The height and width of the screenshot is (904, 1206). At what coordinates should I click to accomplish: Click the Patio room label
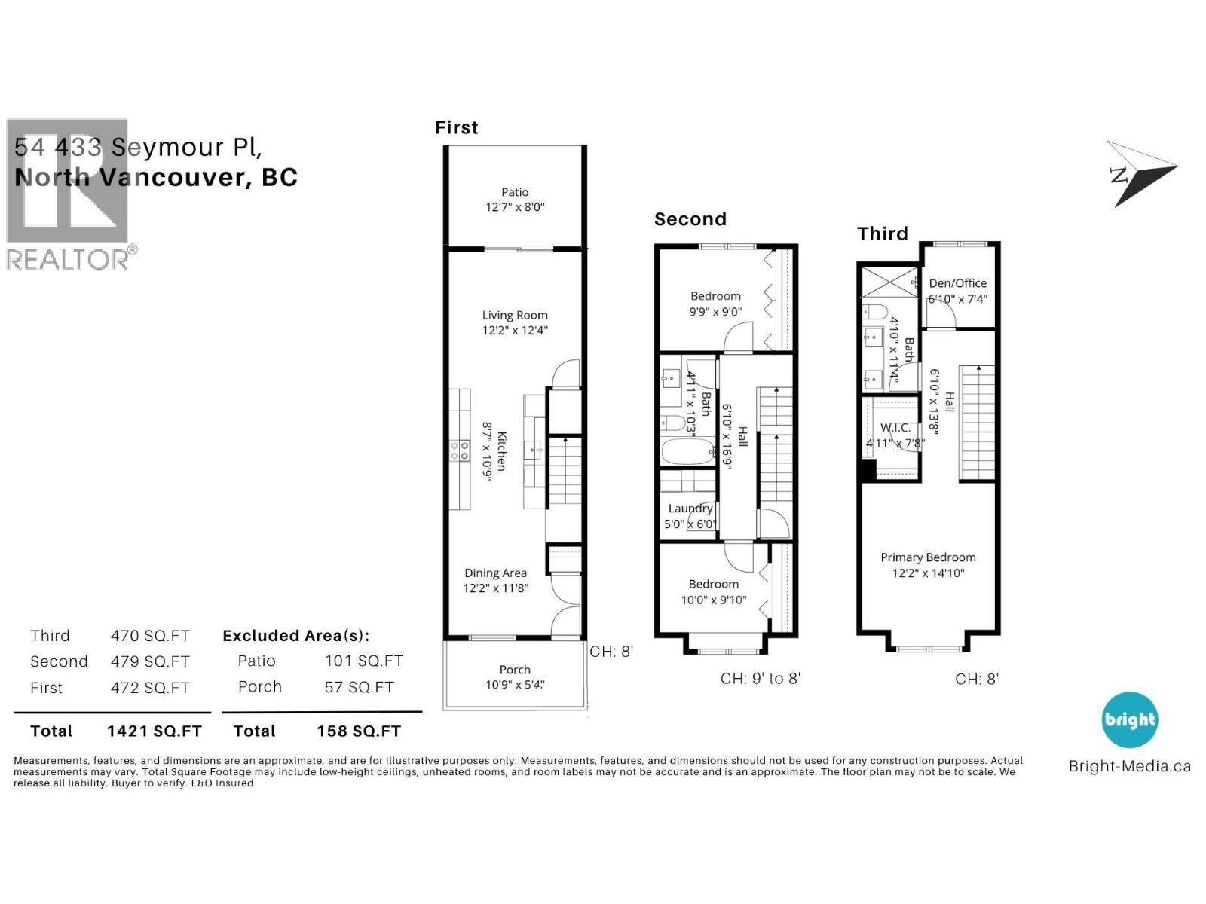515,192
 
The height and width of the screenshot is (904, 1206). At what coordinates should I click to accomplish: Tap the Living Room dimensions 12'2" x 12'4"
515,330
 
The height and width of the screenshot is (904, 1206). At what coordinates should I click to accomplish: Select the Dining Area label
495,573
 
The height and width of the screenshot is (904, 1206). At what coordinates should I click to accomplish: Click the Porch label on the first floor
515,670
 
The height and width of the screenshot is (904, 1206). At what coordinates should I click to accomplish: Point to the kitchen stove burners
460,450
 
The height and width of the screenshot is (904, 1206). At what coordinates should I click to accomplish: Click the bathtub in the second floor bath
687,453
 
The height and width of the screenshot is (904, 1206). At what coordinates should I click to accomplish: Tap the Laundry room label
690,508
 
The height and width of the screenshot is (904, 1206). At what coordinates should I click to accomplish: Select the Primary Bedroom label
928,557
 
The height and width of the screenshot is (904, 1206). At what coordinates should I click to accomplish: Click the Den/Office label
957,283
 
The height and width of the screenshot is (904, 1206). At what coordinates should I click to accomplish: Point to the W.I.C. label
895,428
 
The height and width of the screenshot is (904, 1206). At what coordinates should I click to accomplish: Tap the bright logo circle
1129,720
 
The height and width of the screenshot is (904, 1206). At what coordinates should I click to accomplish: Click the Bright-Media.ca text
1129,767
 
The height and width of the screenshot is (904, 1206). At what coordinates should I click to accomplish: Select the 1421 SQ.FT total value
155,731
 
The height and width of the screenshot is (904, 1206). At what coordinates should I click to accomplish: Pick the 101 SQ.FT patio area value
364,661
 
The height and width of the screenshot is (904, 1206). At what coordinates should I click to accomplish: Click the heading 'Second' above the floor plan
690,219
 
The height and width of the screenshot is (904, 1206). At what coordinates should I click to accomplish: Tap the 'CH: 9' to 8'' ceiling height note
760,679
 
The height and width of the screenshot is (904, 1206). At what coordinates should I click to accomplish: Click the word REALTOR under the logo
68,260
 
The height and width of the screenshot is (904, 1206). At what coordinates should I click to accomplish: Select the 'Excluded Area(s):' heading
295,636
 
